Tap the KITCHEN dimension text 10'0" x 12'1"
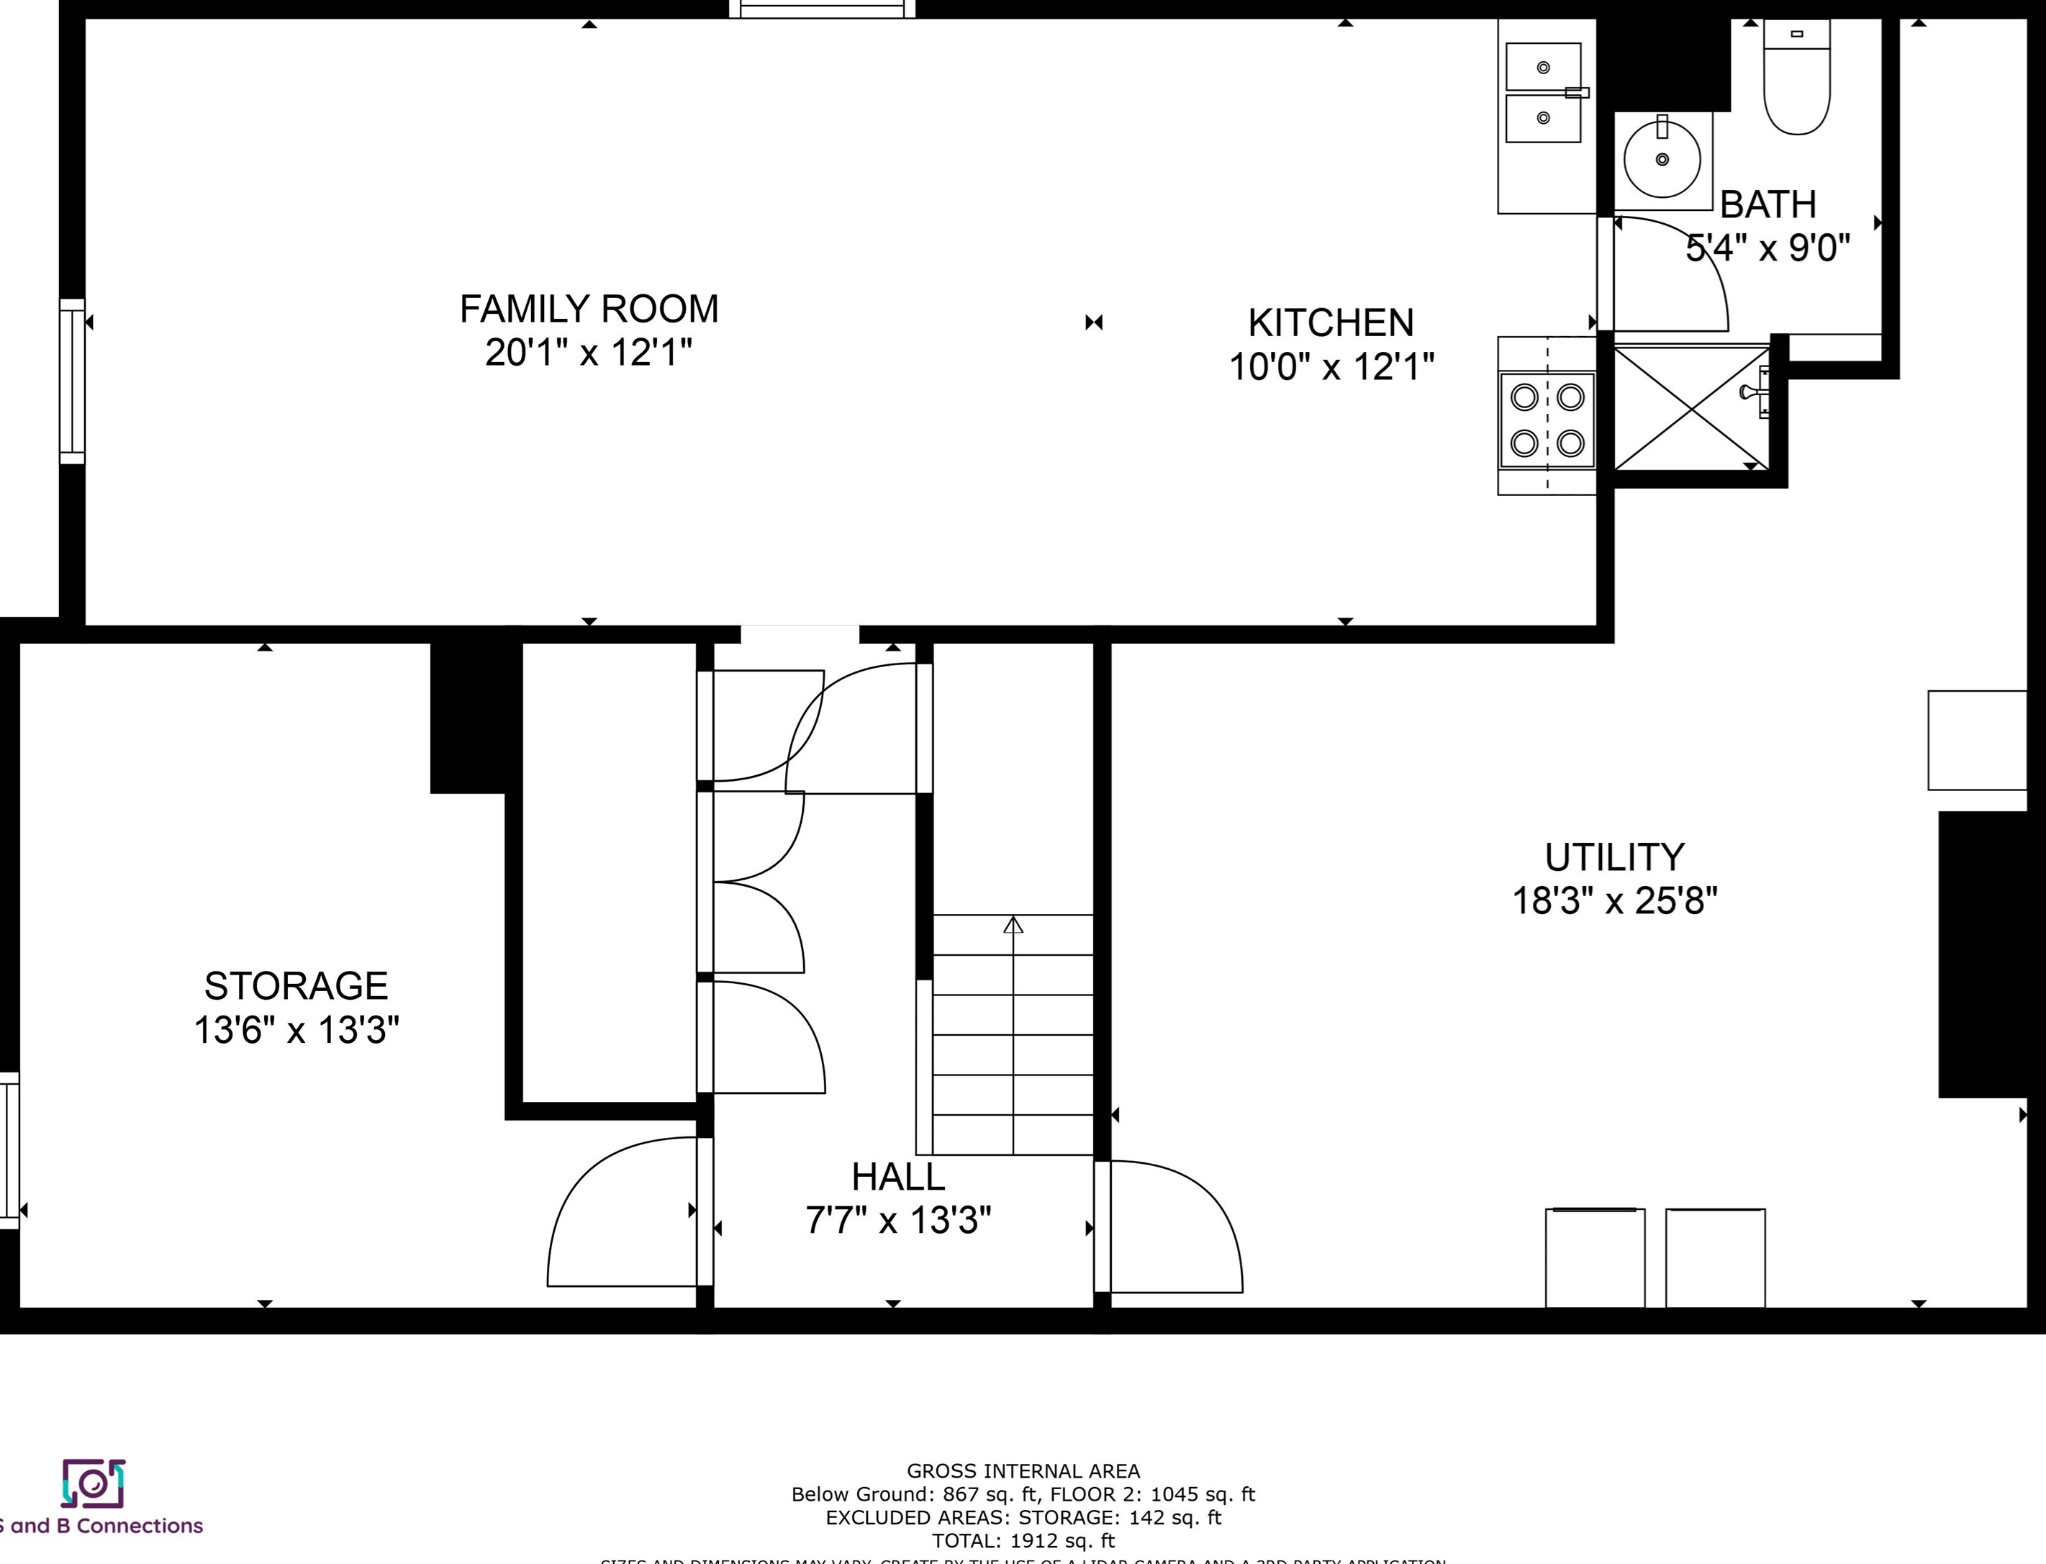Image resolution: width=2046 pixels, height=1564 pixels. point(1331,367)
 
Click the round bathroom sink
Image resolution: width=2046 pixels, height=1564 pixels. point(1662,159)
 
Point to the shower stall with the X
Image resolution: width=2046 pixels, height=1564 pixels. point(1690,408)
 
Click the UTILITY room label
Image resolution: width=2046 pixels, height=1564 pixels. point(1614,856)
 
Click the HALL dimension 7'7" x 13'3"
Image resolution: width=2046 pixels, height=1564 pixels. point(898,1219)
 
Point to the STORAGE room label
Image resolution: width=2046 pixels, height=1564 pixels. point(296,986)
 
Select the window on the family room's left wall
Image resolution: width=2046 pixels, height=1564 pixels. point(72,381)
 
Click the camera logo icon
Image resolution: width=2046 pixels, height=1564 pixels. point(93,1483)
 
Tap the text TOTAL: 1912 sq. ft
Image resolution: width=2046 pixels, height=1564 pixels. point(1023,1541)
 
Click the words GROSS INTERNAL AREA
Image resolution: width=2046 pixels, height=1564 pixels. point(1023,1471)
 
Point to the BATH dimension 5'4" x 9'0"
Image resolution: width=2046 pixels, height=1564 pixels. point(1767,248)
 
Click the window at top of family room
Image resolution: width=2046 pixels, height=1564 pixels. point(822,9)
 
